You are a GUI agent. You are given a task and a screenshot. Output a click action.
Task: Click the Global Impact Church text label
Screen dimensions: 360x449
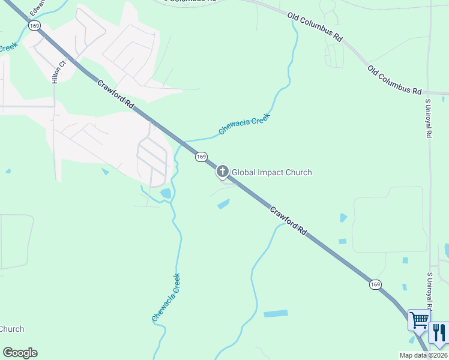click(x=272, y=173)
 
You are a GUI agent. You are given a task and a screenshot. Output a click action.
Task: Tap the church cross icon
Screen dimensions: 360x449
click(x=223, y=172)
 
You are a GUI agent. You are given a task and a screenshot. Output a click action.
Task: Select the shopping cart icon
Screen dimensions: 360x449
click(x=418, y=319)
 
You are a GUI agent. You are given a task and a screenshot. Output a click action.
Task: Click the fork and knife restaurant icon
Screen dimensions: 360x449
click(x=439, y=333)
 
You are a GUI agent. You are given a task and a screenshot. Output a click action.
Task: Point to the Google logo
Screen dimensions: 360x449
click(x=20, y=353)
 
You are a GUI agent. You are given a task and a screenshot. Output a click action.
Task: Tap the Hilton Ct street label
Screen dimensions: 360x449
click(x=57, y=71)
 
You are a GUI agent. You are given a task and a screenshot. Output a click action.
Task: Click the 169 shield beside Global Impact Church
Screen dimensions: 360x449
click(x=201, y=157)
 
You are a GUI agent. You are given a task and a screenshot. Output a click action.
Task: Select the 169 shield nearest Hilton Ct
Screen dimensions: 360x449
click(x=34, y=25)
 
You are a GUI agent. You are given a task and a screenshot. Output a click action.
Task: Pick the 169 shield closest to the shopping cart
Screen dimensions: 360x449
click(x=375, y=284)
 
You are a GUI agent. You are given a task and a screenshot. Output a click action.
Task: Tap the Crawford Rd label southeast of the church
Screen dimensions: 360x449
click(x=288, y=221)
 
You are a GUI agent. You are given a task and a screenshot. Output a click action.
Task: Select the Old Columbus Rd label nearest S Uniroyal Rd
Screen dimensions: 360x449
click(x=395, y=80)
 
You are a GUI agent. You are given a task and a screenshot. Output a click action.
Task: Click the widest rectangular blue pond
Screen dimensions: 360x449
click(x=276, y=314)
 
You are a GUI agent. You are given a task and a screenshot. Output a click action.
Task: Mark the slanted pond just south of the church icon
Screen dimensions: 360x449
click(x=223, y=204)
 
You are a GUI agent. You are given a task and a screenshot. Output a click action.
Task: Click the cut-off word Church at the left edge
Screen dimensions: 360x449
click(x=11, y=329)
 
